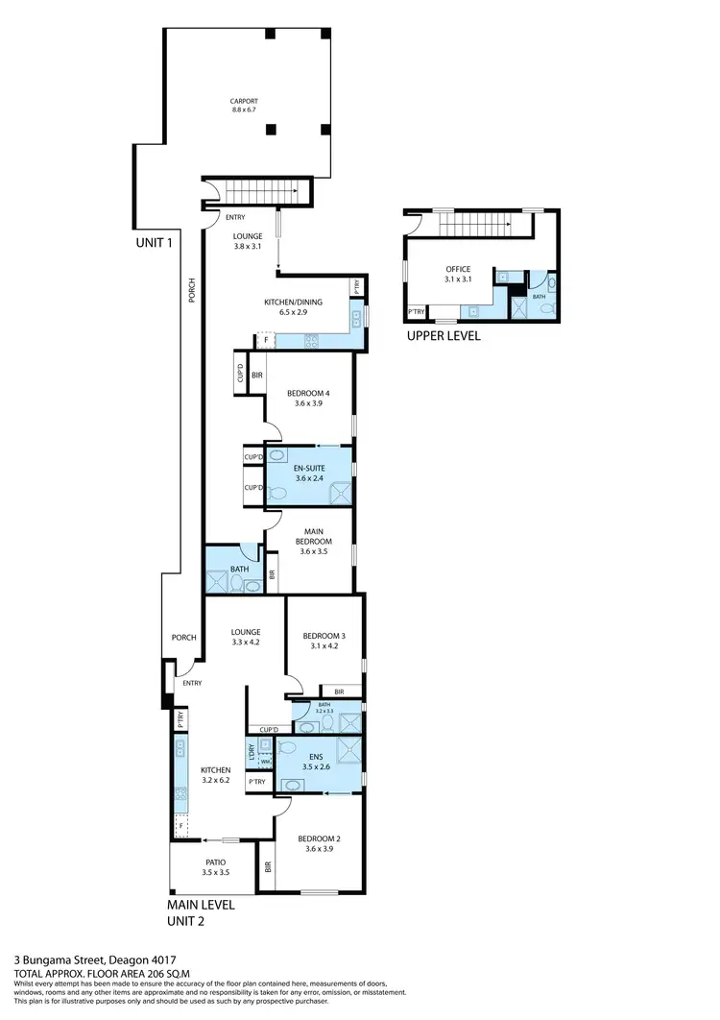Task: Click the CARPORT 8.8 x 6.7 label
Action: point(245,106)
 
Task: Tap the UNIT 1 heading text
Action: point(154,243)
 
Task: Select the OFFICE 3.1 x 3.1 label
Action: point(458,274)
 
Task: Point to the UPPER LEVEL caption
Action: point(443,336)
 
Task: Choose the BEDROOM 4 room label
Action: point(308,398)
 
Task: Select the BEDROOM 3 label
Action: point(323,641)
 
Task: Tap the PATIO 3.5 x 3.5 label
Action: point(215,867)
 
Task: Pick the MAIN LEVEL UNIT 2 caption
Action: point(200,912)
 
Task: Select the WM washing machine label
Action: point(265,762)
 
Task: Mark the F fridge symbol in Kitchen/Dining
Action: point(265,340)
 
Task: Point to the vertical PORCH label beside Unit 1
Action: point(192,290)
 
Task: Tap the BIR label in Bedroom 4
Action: point(257,375)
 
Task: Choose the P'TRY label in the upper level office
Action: point(417,311)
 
